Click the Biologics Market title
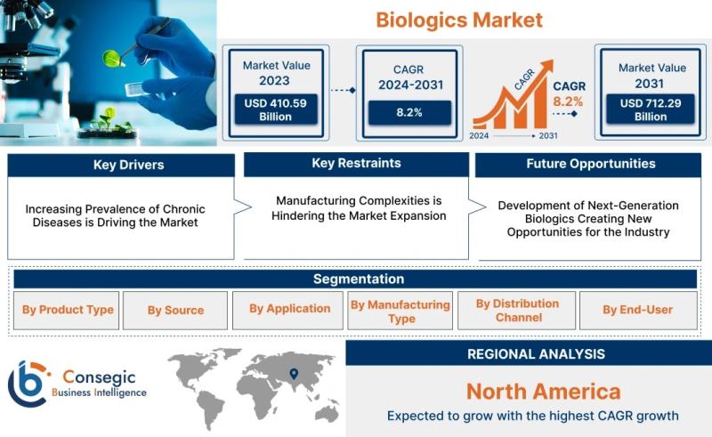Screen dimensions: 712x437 click(x=459, y=20)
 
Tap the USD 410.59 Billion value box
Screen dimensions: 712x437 click(x=275, y=109)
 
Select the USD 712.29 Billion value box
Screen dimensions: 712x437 click(x=651, y=109)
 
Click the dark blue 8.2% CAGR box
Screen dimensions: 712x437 click(x=409, y=113)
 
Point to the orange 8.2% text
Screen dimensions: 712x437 click(x=568, y=101)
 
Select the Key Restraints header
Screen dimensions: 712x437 click(x=356, y=164)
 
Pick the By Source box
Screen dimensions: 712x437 click(x=175, y=311)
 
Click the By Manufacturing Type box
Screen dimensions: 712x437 click(x=400, y=311)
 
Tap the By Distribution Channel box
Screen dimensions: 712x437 click(x=517, y=311)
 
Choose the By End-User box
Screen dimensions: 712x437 click(x=638, y=311)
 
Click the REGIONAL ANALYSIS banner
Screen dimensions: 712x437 click(x=529, y=353)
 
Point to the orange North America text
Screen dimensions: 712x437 click(x=543, y=392)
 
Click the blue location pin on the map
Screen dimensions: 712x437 click(x=295, y=374)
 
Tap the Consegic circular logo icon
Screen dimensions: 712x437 click(x=28, y=383)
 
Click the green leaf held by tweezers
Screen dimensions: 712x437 click(x=112, y=58)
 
